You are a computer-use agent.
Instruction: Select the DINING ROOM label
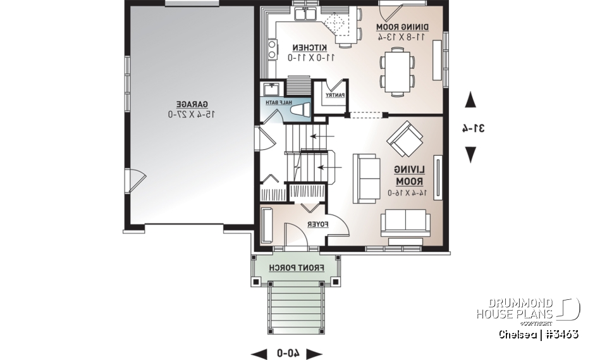[x=403, y=27]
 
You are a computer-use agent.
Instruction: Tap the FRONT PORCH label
[x=297, y=268]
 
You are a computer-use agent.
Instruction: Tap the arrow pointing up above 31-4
[x=471, y=100]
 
